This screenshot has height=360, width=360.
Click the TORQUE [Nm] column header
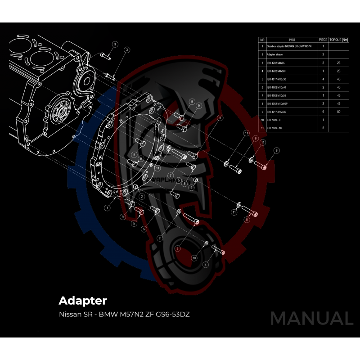pyautogui.click(x=339, y=40)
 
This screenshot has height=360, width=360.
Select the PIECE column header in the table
pyautogui.click(x=323, y=40)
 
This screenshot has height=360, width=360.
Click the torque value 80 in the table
pyautogui.click(x=338, y=112)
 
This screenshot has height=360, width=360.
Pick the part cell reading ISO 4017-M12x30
pyautogui.click(x=279, y=112)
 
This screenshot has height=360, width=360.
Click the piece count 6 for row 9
pyautogui.click(x=323, y=112)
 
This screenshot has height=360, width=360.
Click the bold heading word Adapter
pyautogui.click(x=82, y=300)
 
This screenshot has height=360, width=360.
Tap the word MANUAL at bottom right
pyautogui.click(x=311, y=318)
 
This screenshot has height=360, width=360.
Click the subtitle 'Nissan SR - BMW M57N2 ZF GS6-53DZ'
pyautogui.click(x=124, y=314)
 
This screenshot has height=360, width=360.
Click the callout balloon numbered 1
pyautogui.click(x=107, y=208)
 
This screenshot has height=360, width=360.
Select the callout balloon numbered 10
pyautogui.click(x=194, y=258)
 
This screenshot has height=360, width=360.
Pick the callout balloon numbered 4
pyautogui.click(x=206, y=265)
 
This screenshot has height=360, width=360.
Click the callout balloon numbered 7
pyautogui.click(x=171, y=175)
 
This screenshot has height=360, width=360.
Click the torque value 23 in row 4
pyautogui.click(x=338, y=71)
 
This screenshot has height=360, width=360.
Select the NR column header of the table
pyautogui.click(x=262, y=40)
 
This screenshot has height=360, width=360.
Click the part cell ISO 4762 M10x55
pyautogui.click(x=279, y=95)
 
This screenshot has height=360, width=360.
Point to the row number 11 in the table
pyautogui.click(x=262, y=128)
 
